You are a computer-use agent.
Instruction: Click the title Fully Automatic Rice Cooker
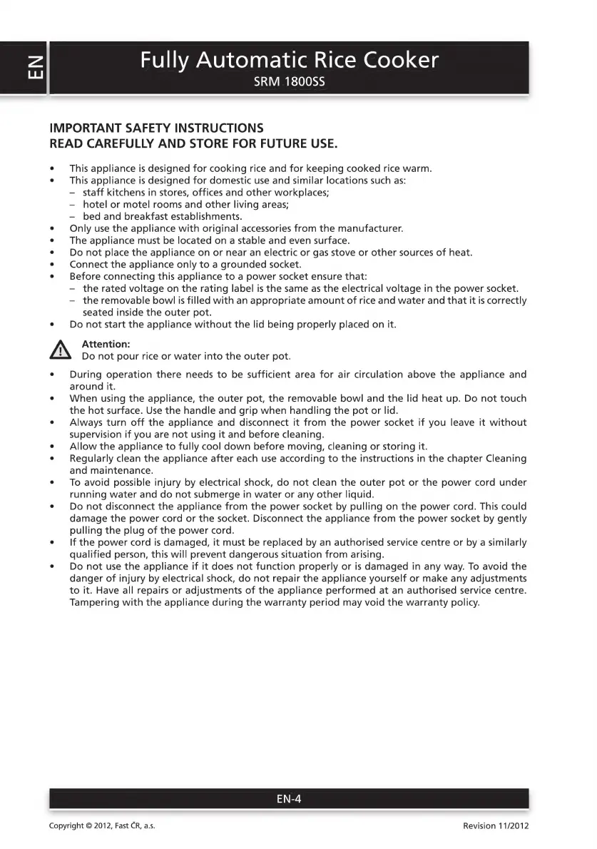(x=289, y=59)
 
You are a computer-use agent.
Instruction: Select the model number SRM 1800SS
(x=289, y=82)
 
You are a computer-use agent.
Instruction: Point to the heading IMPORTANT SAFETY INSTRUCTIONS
(x=156, y=128)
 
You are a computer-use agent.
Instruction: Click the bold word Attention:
(x=106, y=344)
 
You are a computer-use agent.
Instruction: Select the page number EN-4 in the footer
(x=289, y=799)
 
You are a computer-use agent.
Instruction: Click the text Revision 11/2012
(x=496, y=825)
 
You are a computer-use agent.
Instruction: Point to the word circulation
(x=397, y=375)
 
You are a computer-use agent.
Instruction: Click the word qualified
(x=93, y=554)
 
